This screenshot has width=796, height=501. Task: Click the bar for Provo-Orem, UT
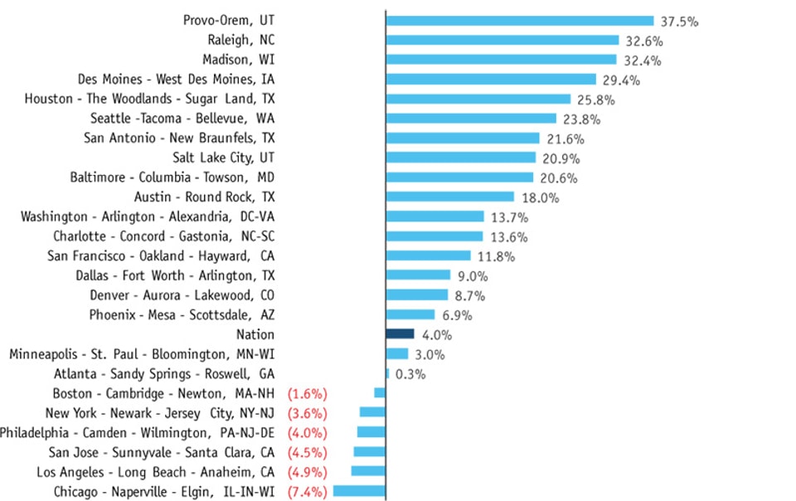(520, 21)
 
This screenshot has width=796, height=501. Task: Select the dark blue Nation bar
(400, 334)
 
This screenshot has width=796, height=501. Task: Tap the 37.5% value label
(679, 22)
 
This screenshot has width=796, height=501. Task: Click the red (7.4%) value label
(307, 492)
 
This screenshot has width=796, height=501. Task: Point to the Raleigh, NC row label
(240, 40)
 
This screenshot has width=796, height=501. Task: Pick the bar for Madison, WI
(501, 60)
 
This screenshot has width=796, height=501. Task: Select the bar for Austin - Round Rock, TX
(449, 197)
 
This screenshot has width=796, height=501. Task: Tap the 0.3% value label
(410, 374)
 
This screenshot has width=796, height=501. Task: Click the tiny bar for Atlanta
(387, 374)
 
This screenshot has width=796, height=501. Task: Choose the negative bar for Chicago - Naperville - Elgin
(359, 492)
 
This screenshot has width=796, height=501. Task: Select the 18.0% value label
(539, 197)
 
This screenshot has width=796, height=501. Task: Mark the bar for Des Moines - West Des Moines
(491, 80)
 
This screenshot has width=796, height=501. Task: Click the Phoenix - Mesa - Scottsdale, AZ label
(182, 314)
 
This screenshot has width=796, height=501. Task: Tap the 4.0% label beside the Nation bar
(437, 334)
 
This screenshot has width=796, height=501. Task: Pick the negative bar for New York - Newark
(372, 413)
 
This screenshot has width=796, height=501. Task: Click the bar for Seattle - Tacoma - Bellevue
(471, 119)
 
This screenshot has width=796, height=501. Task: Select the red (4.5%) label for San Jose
(307, 453)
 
